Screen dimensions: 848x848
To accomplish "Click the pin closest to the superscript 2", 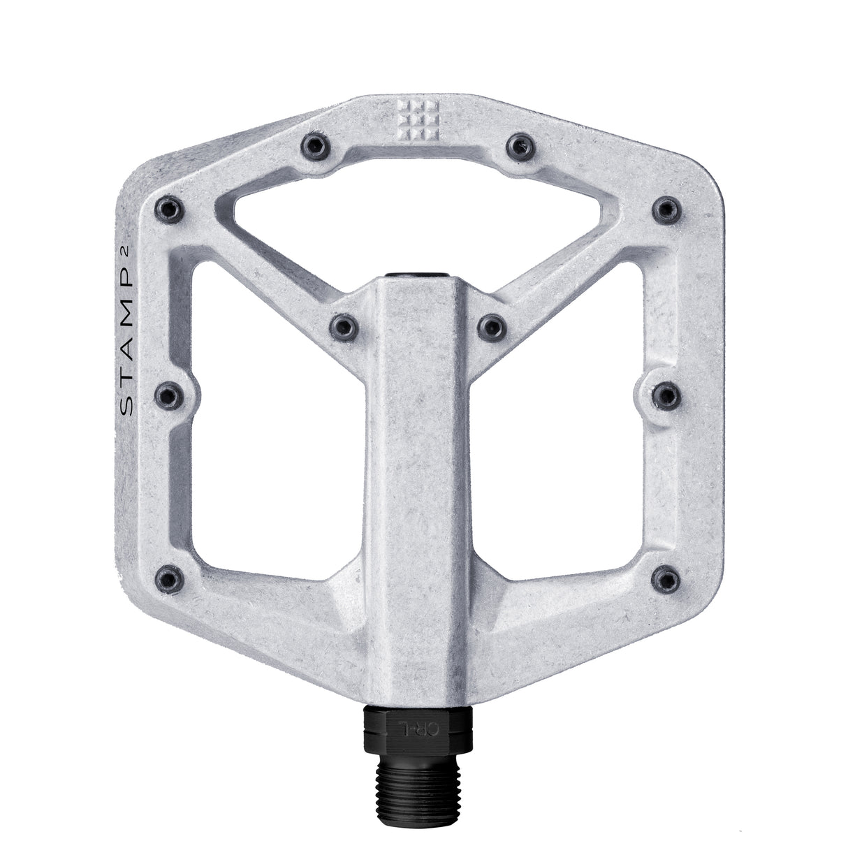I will click(170, 207).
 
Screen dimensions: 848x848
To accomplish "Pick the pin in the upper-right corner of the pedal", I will click(667, 207).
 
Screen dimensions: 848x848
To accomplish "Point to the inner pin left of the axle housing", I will click(344, 325).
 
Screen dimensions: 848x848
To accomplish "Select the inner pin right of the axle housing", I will click(493, 325).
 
